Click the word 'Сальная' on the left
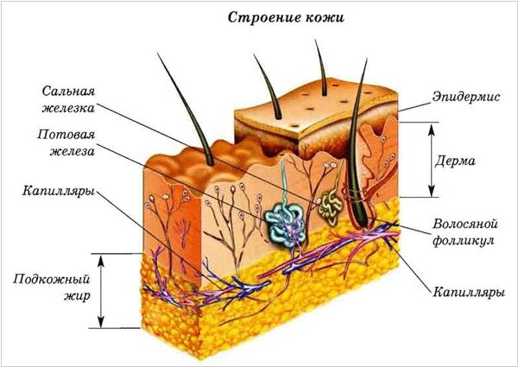point(68,92)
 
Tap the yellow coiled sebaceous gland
point(329,206)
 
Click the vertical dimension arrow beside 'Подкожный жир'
point(102,290)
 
